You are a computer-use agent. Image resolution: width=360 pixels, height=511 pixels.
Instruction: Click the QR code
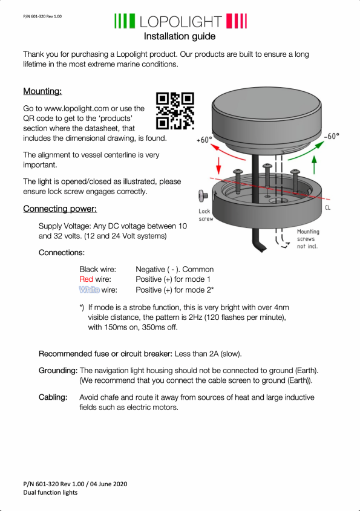click(175, 111)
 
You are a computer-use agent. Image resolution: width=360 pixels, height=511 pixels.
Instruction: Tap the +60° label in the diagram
click(205, 140)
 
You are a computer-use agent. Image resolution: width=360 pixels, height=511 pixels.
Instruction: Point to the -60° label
click(332, 136)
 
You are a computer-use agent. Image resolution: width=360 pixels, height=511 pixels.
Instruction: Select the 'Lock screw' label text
click(206, 215)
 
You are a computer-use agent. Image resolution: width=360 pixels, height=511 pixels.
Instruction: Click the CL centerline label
click(328, 207)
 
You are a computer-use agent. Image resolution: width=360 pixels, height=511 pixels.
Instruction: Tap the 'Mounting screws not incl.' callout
click(308, 239)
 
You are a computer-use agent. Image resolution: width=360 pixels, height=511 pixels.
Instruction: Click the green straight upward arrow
click(314, 165)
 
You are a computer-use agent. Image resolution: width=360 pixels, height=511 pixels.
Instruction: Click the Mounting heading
click(42, 91)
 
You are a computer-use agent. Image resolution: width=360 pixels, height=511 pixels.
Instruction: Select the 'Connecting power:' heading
click(60, 209)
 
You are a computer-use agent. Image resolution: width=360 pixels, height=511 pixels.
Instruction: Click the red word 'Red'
click(86, 279)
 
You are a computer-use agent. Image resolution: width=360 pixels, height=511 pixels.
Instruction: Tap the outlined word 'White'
click(90, 290)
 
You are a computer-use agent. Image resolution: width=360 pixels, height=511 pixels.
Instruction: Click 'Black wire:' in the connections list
click(97, 269)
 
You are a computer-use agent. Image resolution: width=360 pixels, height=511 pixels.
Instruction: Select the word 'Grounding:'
click(58, 371)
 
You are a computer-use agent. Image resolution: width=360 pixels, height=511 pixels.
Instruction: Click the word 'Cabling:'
click(53, 397)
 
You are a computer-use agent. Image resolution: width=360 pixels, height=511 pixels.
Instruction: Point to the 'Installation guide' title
click(180, 36)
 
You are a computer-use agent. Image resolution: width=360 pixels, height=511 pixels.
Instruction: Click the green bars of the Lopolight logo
click(125, 21)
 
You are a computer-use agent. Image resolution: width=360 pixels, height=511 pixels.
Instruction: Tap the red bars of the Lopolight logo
click(237, 21)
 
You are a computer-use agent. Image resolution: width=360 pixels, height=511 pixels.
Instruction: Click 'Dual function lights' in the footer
click(50, 492)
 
